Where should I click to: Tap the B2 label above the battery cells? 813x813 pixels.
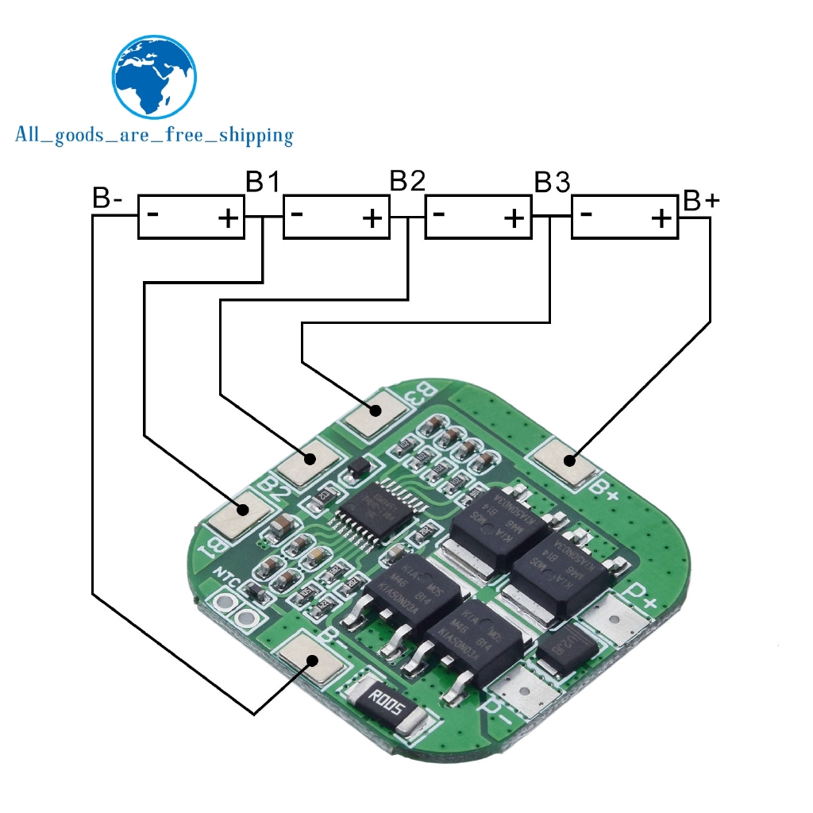point(406,182)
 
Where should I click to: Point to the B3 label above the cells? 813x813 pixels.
point(552,183)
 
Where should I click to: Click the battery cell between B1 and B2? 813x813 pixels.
point(337,216)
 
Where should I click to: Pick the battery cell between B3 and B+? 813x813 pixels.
point(625,216)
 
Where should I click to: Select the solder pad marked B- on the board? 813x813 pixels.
point(311,659)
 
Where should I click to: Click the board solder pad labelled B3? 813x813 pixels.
point(376,411)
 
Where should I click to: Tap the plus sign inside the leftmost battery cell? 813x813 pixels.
point(229,218)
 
